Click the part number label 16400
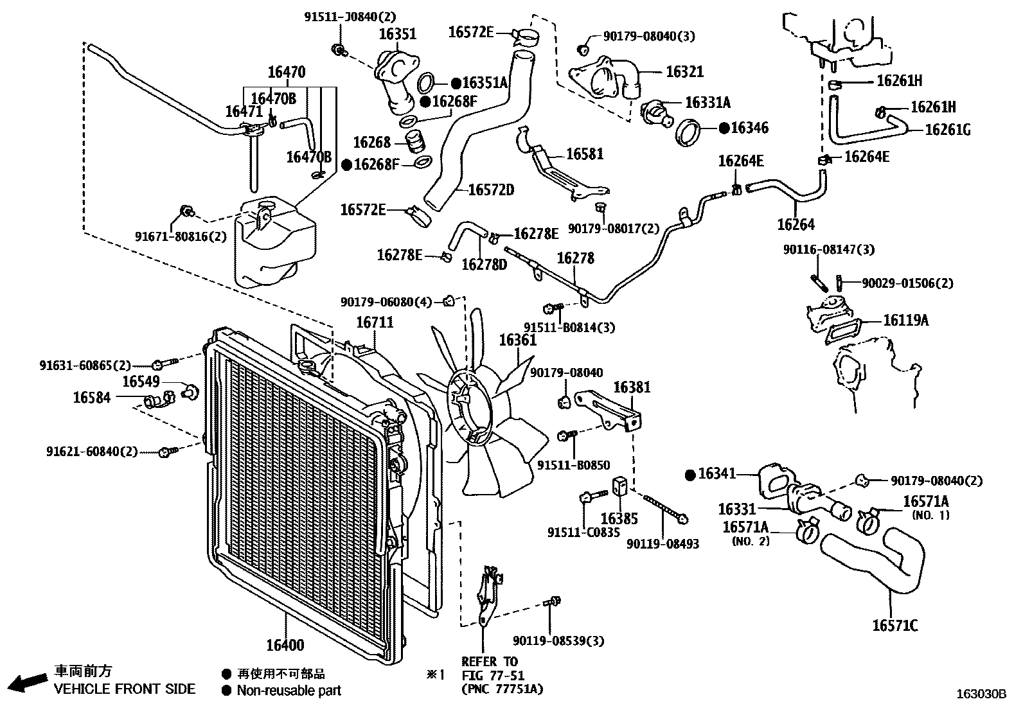[x=285, y=645]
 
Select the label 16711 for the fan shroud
[x=375, y=322]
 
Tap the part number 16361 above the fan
[x=517, y=340]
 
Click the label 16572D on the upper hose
[x=491, y=190]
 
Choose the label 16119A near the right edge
[x=905, y=320]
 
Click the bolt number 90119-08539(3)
[x=558, y=640]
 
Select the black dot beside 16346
[x=724, y=128]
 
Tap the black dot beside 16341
[x=691, y=475]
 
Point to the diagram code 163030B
[x=981, y=694]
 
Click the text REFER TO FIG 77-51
[x=490, y=668]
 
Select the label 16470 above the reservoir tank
[x=286, y=72]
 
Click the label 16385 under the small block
[x=619, y=518]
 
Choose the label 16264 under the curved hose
[x=796, y=224]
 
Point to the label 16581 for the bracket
[x=585, y=154]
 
